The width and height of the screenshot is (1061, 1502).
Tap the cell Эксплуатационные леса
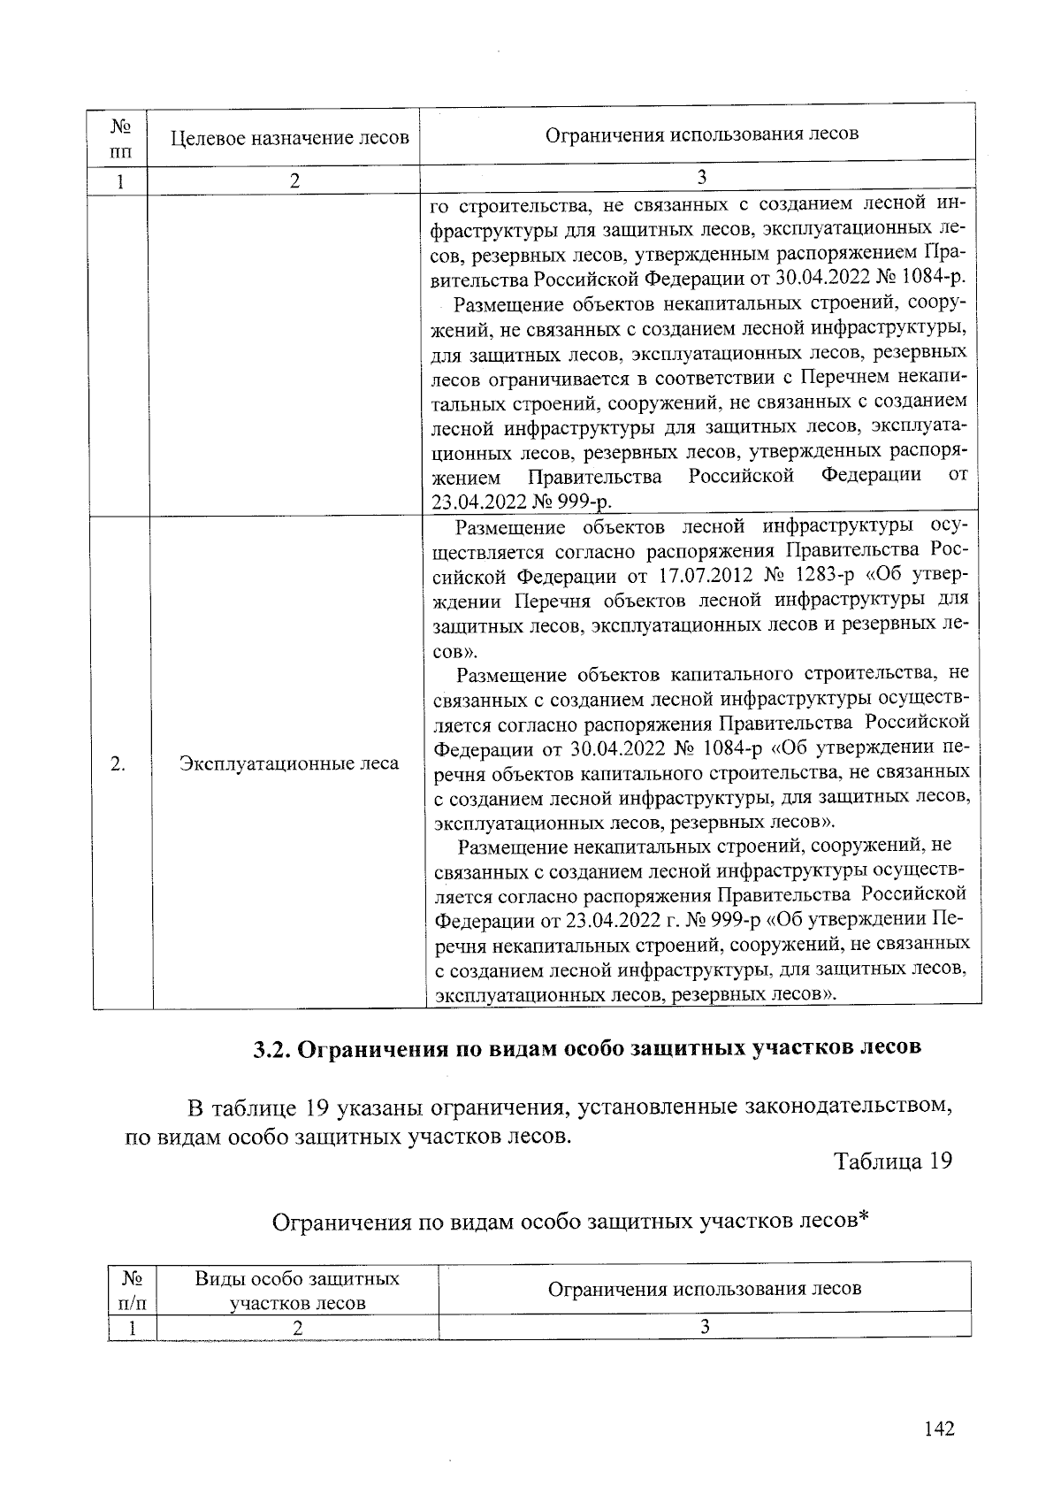[289, 763]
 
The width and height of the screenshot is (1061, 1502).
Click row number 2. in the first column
[118, 763]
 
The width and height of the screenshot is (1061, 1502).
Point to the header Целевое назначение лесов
[289, 138]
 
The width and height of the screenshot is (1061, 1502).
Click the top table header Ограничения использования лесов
[701, 134]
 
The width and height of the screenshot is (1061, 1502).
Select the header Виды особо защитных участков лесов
[297, 1291]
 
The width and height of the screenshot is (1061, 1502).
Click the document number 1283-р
[823, 577]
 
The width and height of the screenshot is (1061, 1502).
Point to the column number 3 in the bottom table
[705, 1327]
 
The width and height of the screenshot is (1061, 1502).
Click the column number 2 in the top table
[294, 180]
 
